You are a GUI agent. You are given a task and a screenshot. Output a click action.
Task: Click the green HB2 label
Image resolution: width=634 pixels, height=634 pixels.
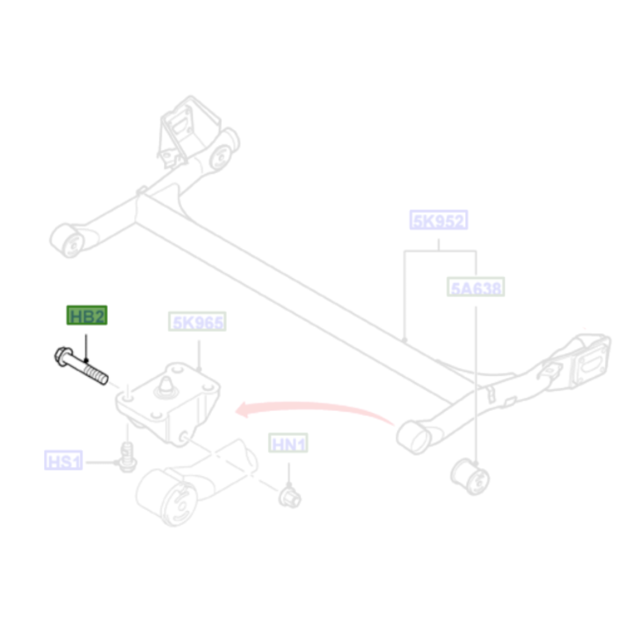(x=87, y=315)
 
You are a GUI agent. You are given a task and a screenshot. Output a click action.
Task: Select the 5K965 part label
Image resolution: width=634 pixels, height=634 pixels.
(x=197, y=322)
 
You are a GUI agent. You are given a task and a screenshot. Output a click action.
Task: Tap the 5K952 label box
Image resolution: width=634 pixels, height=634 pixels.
(x=439, y=220)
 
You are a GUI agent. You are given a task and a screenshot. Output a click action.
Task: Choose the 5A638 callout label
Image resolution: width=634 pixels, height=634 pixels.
(x=476, y=287)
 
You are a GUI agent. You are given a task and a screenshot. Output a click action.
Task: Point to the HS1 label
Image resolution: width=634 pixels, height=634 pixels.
(x=63, y=461)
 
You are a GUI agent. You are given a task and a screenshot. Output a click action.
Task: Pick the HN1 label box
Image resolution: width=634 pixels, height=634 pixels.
(x=288, y=443)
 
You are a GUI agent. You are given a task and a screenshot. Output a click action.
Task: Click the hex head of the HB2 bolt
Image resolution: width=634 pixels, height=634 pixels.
(x=63, y=357)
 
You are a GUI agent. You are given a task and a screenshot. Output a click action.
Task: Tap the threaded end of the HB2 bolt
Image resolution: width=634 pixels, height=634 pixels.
(x=96, y=375)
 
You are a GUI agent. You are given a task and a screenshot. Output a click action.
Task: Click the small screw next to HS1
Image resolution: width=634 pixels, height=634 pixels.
(x=127, y=457)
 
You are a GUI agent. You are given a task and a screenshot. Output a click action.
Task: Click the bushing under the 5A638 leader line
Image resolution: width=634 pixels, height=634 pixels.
(x=470, y=477)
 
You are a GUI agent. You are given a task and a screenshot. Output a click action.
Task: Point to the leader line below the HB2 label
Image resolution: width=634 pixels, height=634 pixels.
(x=86, y=347)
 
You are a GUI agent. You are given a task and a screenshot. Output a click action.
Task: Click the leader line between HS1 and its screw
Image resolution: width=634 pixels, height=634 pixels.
(x=101, y=462)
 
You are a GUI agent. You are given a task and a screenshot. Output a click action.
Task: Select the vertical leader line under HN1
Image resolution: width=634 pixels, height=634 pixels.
(x=289, y=474)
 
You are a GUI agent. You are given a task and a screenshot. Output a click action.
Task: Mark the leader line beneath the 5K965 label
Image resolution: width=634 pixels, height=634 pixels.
(x=199, y=355)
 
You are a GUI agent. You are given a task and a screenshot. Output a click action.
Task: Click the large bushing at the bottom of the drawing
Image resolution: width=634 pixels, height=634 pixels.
(x=167, y=497)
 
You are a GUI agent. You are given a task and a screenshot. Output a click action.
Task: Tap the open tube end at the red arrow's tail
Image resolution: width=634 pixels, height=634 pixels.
(x=414, y=437)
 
